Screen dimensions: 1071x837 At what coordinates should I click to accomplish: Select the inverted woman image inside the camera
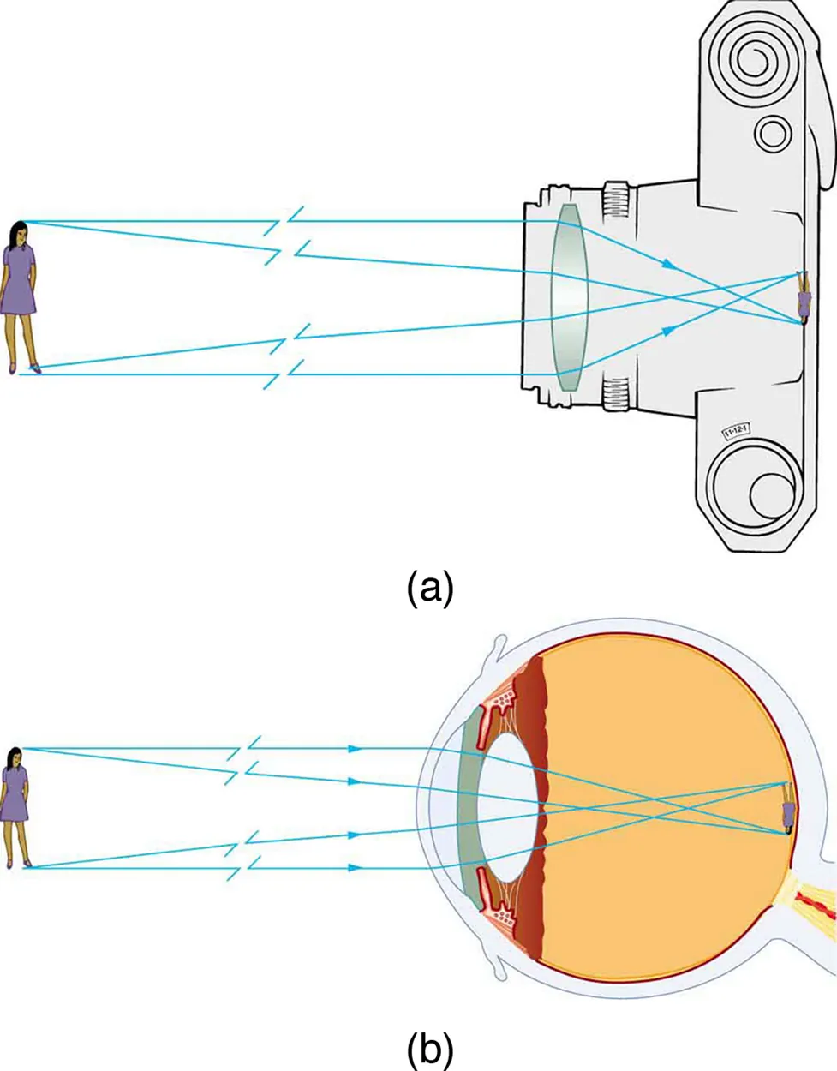(804, 297)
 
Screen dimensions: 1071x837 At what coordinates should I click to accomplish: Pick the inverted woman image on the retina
(787, 809)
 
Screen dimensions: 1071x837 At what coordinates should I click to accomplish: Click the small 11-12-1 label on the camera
(736, 429)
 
